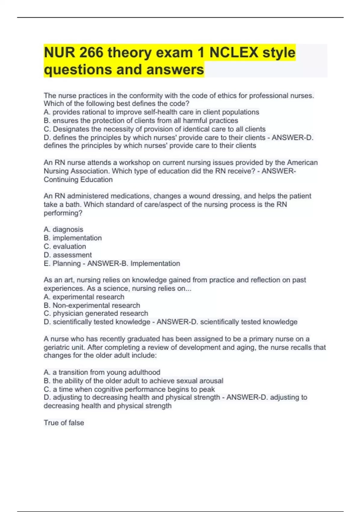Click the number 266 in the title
(x=91, y=53)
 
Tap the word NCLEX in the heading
(x=233, y=53)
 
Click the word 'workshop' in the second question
(x=134, y=163)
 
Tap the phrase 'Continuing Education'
(x=78, y=180)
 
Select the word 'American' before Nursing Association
(x=302, y=163)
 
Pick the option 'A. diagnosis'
(x=63, y=229)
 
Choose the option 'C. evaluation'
(x=65, y=246)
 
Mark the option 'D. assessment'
(x=68, y=255)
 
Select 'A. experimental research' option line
(x=84, y=297)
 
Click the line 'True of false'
(x=64, y=423)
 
